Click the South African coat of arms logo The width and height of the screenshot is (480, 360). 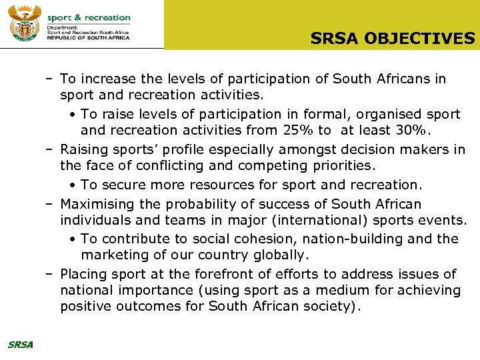[25, 24]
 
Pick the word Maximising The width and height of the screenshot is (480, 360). [97, 204]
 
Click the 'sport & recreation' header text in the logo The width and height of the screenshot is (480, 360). [89, 18]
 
